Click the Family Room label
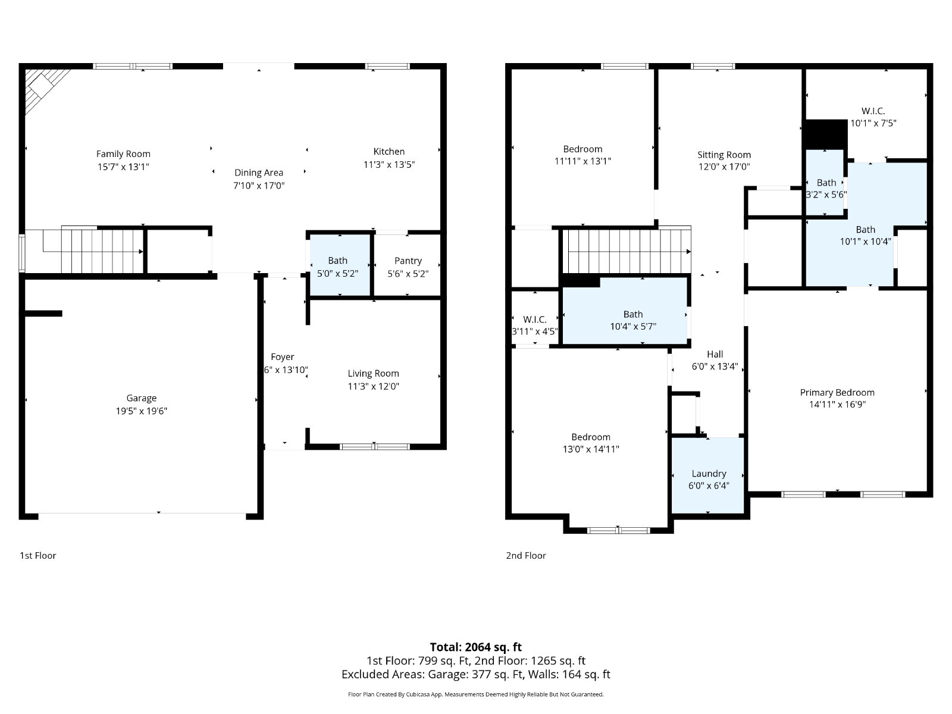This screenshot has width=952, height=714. tap(123, 154)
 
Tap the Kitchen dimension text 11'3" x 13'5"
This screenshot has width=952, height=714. tap(389, 164)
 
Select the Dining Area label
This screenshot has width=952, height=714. tap(258, 173)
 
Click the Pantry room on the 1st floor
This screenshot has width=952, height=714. tap(408, 265)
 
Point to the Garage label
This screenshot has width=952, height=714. tap(142, 398)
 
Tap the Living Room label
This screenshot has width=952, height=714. tap(373, 373)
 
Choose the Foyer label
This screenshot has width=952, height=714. tap(283, 357)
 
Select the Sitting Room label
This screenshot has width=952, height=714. tap(724, 155)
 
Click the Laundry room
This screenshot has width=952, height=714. tap(708, 475)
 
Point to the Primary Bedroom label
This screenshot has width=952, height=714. tap(837, 392)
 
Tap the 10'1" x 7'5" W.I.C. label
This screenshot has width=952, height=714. tap(873, 111)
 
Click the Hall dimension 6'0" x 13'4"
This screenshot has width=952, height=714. tap(715, 367)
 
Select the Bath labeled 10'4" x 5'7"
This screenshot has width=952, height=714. tap(625, 311)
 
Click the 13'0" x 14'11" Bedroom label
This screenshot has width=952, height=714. tap(591, 437)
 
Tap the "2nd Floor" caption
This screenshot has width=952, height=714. tap(525, 555)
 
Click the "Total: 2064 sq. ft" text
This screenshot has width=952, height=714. tap(476, 647)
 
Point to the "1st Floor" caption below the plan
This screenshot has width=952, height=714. tap(37, 555)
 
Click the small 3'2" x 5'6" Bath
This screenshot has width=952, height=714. tap(825, 182)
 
